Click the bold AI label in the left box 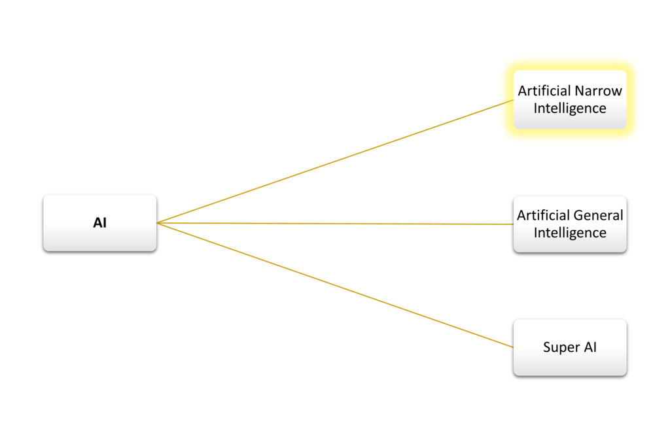click(99, 223)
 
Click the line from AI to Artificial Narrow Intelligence click(334, 163)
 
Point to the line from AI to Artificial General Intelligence click(334, 224)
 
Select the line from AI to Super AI click(334, 284)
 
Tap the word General click(597, 215)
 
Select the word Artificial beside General click(542, 215)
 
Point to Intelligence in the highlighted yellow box click(569, 109)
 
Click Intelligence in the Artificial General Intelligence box click(569, 233)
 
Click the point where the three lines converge click(159, 223)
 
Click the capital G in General click(576, 215)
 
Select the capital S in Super click(547, 347)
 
